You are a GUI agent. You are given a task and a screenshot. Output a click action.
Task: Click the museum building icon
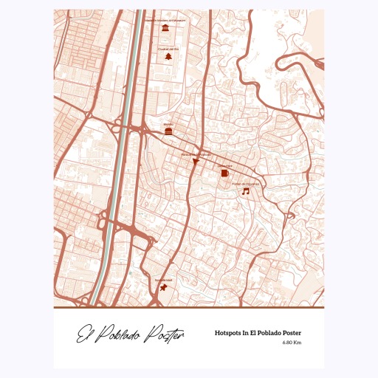pos(167,28)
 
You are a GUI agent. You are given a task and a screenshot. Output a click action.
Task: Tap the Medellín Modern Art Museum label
pos(167,21)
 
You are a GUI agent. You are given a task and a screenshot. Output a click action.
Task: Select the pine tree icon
pos(168,56)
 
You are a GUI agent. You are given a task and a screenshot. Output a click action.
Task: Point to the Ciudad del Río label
pos(168,48)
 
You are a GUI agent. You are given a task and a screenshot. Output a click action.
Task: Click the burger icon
pos(169,131)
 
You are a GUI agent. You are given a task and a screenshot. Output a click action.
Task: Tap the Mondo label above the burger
pos(168,123)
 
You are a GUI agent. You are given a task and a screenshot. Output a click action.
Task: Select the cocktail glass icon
pos(196,161)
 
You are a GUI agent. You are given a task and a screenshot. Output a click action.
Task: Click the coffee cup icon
pos(224,173)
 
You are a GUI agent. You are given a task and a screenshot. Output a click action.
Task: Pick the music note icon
pos(246,191)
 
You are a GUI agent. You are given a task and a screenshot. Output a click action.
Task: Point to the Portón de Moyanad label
pos(246,183)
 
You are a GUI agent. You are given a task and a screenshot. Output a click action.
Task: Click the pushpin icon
pos(162,287)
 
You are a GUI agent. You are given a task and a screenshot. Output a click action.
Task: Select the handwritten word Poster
pos(165,336)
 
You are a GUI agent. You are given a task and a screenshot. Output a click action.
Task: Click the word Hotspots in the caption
pos(230,333)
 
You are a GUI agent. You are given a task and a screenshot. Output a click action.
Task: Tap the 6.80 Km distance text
pos(292,342)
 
